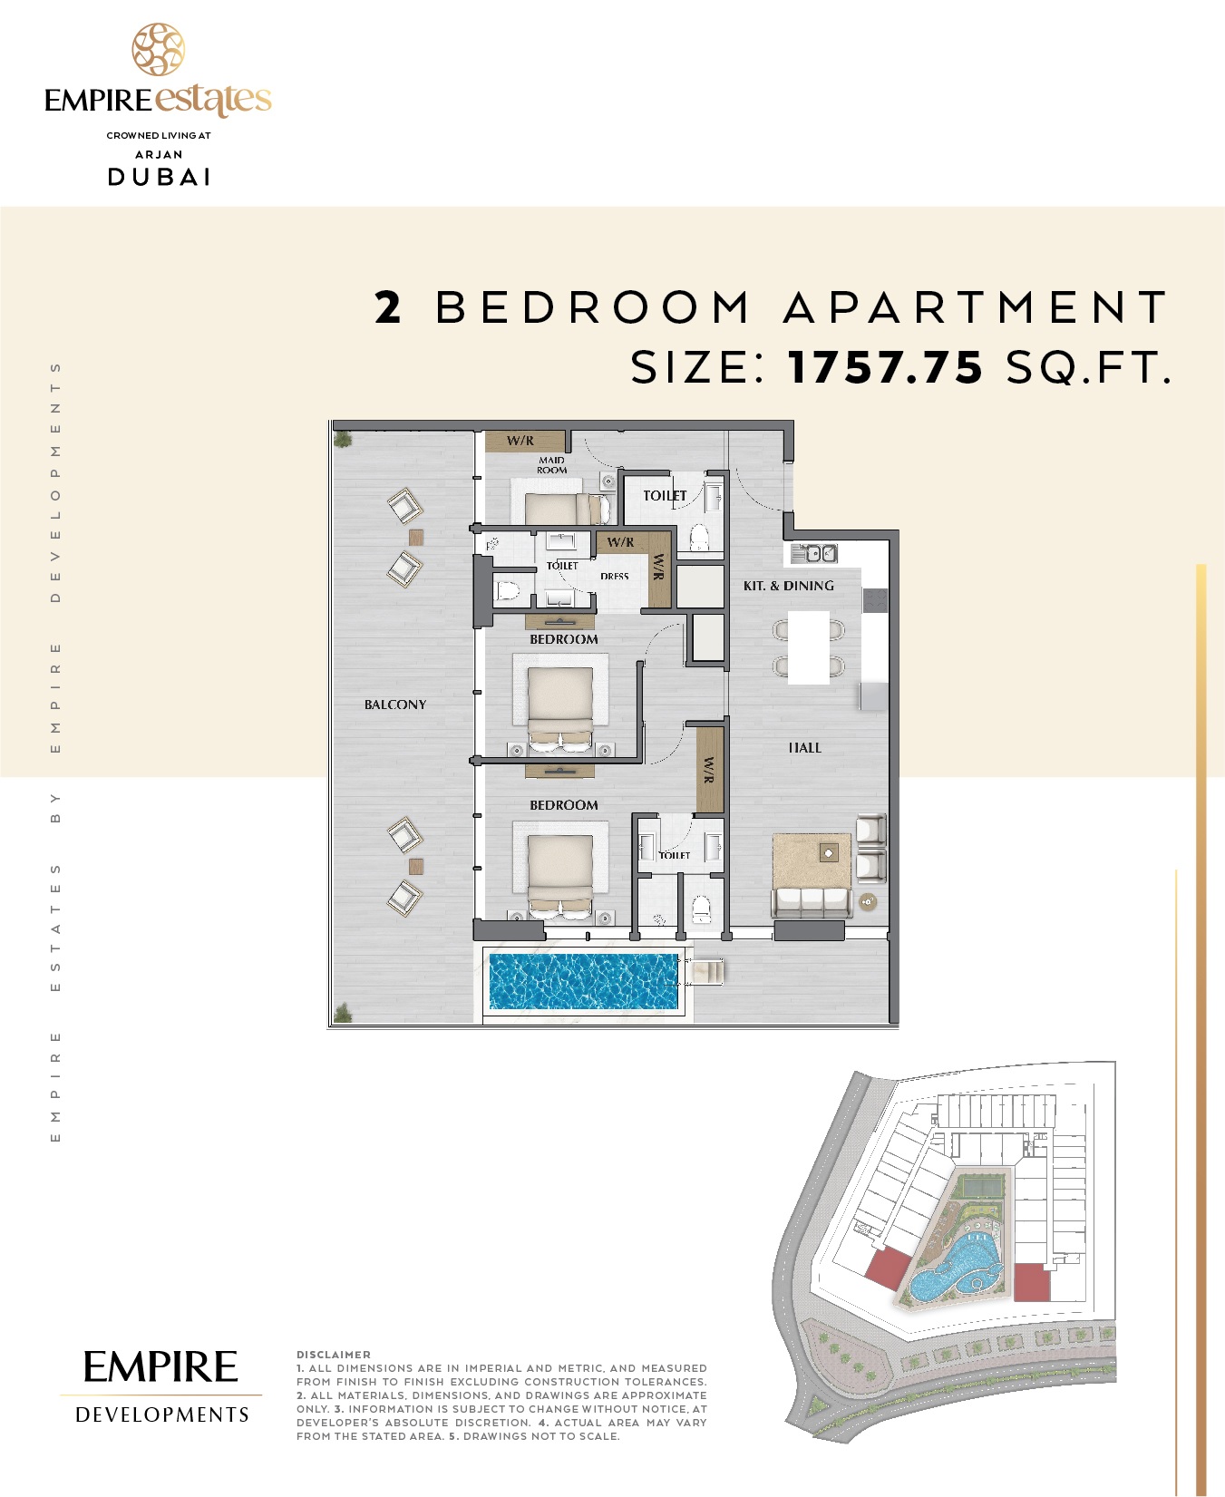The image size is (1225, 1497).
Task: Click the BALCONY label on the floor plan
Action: pyautogui.click(x=394, y=705)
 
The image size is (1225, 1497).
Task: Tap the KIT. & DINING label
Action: pyautogui.click(x=788, y=586)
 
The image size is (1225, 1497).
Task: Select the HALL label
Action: pyautogui.click(x=804, y=748)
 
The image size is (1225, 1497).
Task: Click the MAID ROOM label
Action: pyautogui.click(x=551, y=465)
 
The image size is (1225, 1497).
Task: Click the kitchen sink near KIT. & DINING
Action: pyautogui.click(x=813, y=552)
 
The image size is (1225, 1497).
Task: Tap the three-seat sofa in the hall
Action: pyautogui.click(x=811, y=901)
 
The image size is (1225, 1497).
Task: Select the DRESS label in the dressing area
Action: pyautogui.click(x=614, y=577)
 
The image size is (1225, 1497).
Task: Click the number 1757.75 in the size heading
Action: pyautogui.click(x=885, y=367)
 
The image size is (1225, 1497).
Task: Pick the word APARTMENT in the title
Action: pyautogui.click(x=977, y=307)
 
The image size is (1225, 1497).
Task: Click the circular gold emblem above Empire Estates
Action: pyautogui.click(x=159, y=50)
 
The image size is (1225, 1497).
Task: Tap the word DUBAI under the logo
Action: pyautogui.click(x=160, y=177)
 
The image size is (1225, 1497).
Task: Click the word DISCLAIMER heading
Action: pyautogui.click(x=333, y=1355)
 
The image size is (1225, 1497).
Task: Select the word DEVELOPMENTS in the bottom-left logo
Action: pyautogui.click(x=161, y=1414)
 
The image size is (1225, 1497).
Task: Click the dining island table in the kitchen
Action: pyautogui.click(x=809, y=646)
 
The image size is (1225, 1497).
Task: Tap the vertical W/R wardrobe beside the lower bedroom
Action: pyautogui.click(x=709, y=770)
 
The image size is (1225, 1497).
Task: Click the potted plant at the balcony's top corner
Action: pyautogui.click(x=343, y=440)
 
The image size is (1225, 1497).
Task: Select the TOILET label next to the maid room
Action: pyautogui.click(x=665, y=496)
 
